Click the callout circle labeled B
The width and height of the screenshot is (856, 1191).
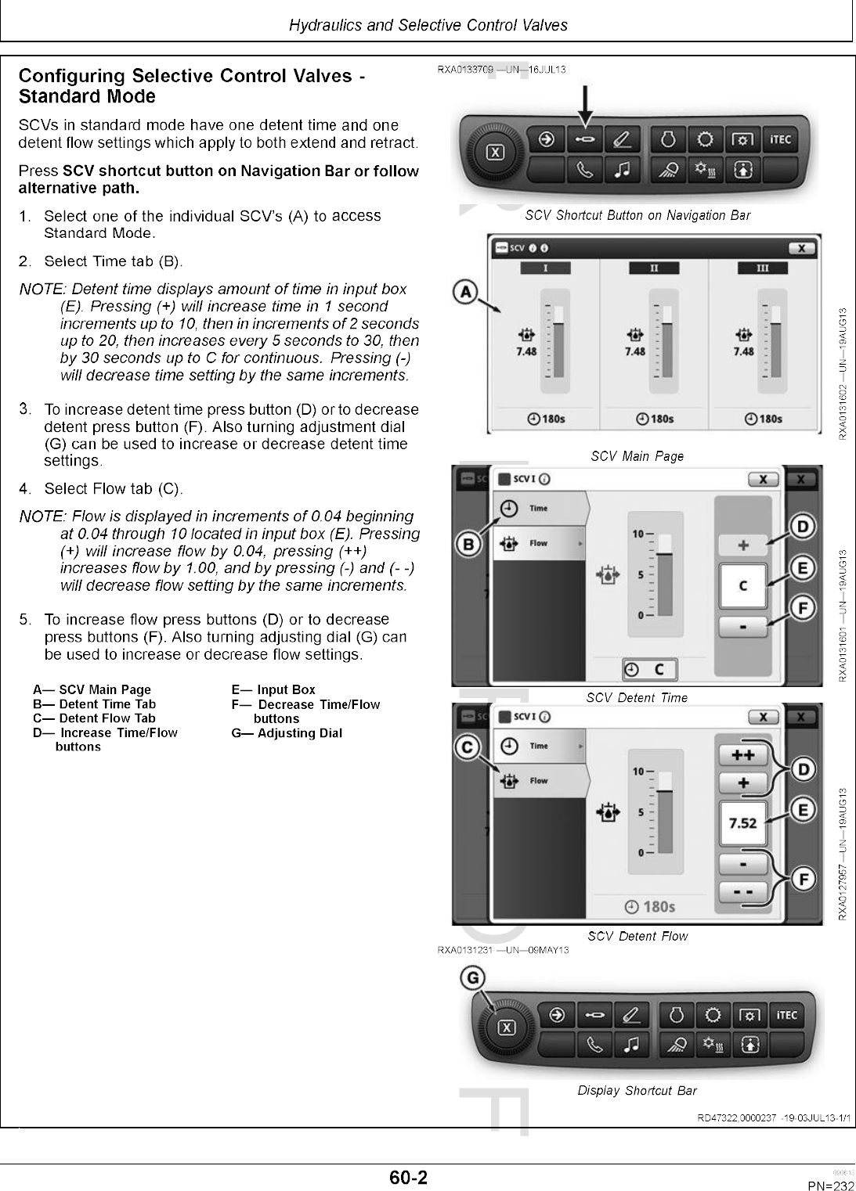(x=468, y=543)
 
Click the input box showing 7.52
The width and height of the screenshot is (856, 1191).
(x=742, y=823)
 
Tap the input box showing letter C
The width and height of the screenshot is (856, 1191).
(x=742, y=585)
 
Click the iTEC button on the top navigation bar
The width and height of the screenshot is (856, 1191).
(x=780, y=140)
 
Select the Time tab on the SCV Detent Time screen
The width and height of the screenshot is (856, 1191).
(x=540, y=509)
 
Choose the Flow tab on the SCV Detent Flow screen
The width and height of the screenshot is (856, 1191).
(x=540, y=781)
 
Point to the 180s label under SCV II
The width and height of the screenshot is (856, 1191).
(x=656, y=419)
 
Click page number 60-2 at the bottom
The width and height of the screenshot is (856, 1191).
(x=408, y=1177)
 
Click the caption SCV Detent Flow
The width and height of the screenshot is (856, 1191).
(x=637, y=936)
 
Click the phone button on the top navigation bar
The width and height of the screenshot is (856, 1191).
(x=585, y=170)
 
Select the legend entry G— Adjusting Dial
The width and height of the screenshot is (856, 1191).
(x=287, y=733)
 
